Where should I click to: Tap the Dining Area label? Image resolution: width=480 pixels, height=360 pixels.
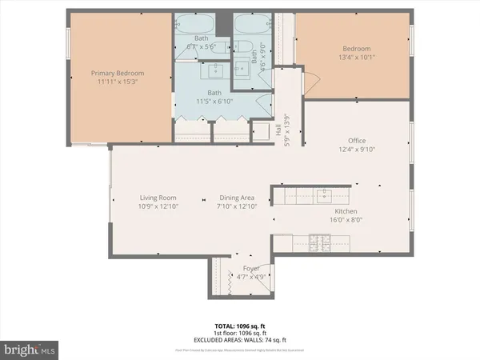[238, 198]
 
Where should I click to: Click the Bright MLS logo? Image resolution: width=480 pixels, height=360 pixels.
[30, 350]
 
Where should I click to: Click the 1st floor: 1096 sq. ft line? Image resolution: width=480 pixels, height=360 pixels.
[239, 334]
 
